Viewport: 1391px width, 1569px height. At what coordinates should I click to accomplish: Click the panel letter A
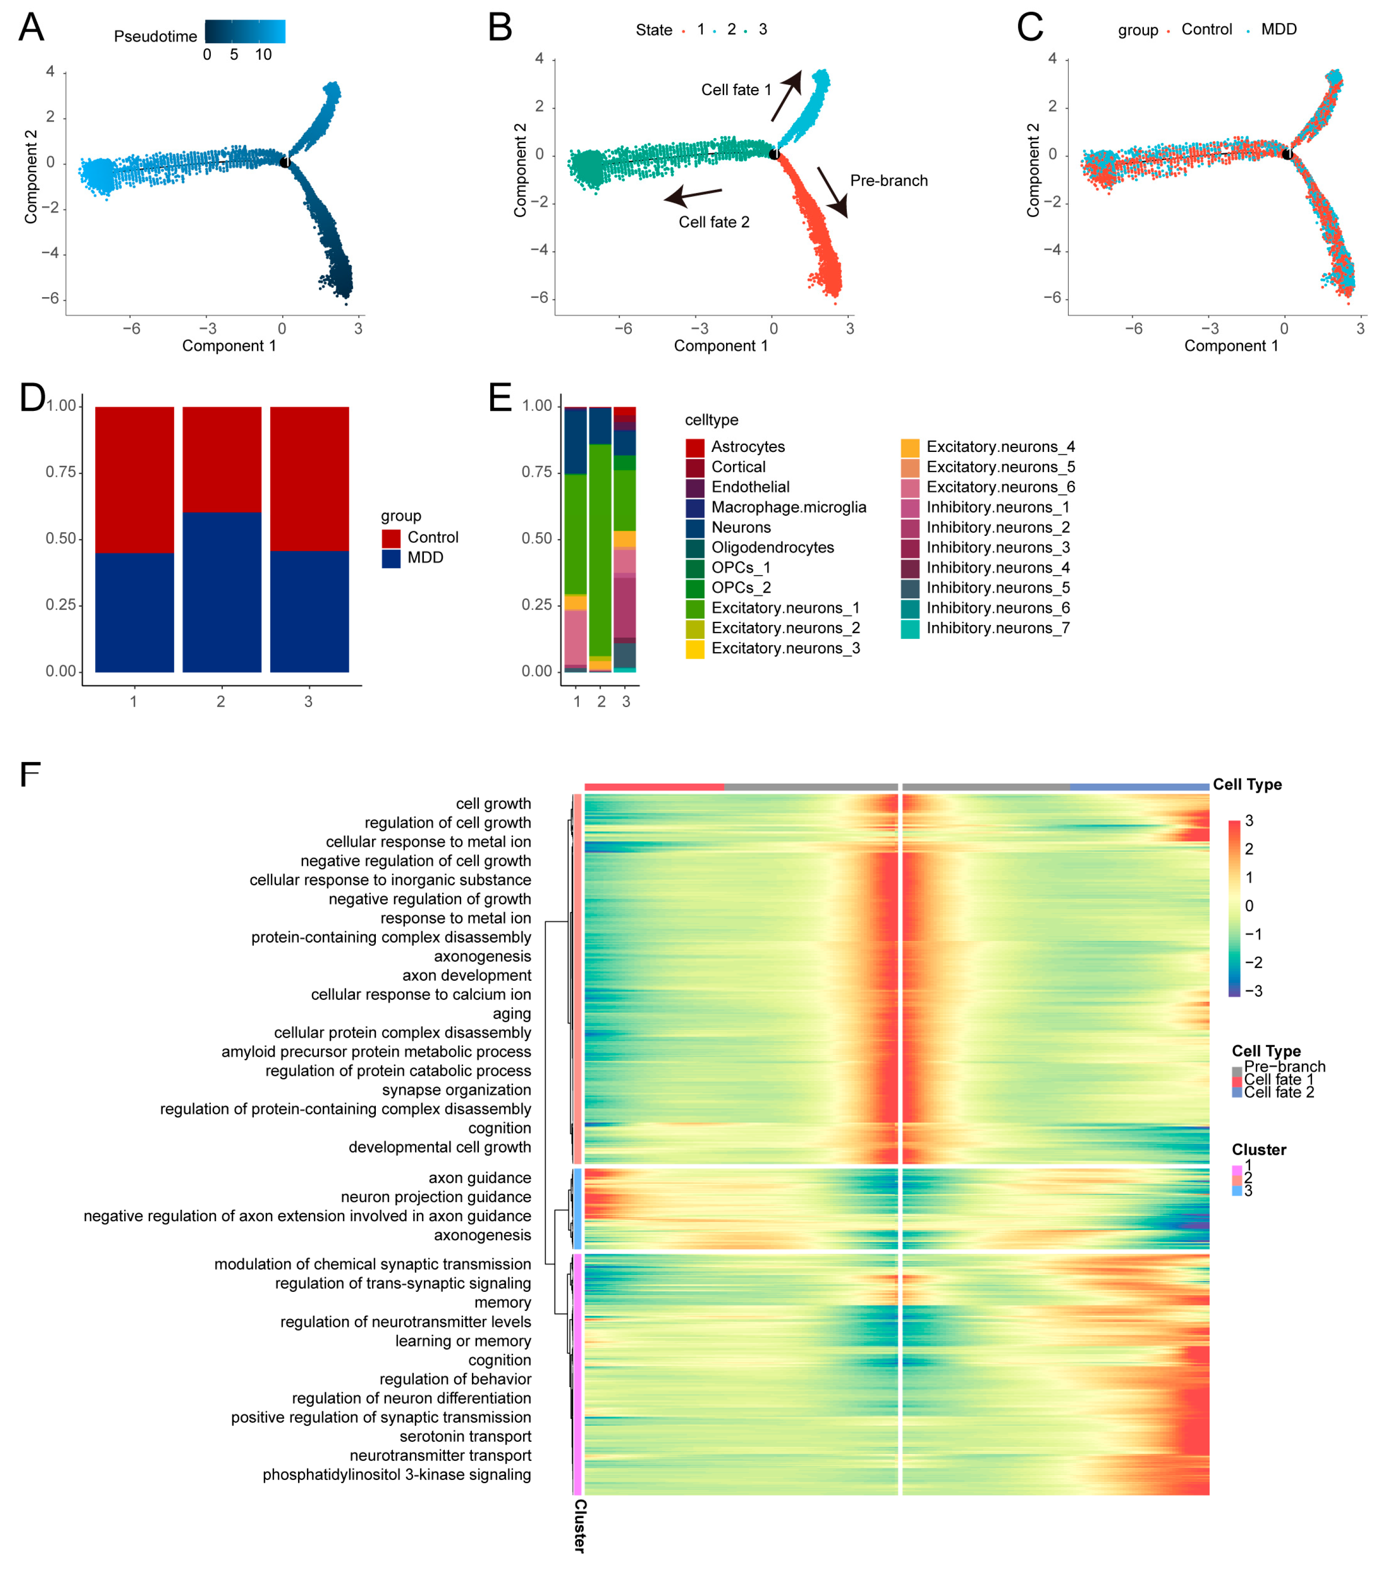coord(31,28)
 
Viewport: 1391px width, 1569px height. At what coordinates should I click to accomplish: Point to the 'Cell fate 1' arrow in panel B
coord(786,96)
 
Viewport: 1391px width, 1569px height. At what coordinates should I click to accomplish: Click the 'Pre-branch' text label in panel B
coord(888,181)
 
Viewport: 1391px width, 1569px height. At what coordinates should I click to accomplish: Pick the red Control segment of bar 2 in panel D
coord(222,459)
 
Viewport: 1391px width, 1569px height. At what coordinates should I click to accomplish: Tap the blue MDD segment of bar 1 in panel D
coord(134,612)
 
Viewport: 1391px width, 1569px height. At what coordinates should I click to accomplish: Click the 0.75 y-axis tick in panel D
coord(62,472)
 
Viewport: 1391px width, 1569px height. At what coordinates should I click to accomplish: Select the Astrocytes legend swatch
coord(694,447)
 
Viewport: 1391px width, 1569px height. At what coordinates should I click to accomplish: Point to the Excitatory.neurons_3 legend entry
coord(785,649)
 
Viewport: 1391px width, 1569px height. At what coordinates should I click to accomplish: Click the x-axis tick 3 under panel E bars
coord(626,701)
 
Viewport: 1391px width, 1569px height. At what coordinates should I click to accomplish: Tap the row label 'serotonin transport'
coord(465,1436)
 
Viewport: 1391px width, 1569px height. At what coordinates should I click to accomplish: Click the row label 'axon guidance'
coord(479,1178)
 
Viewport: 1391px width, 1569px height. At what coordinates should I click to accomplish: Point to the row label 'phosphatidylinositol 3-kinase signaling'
coord(397,1475)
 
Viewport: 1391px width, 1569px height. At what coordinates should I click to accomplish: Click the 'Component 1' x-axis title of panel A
coord(228,346)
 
